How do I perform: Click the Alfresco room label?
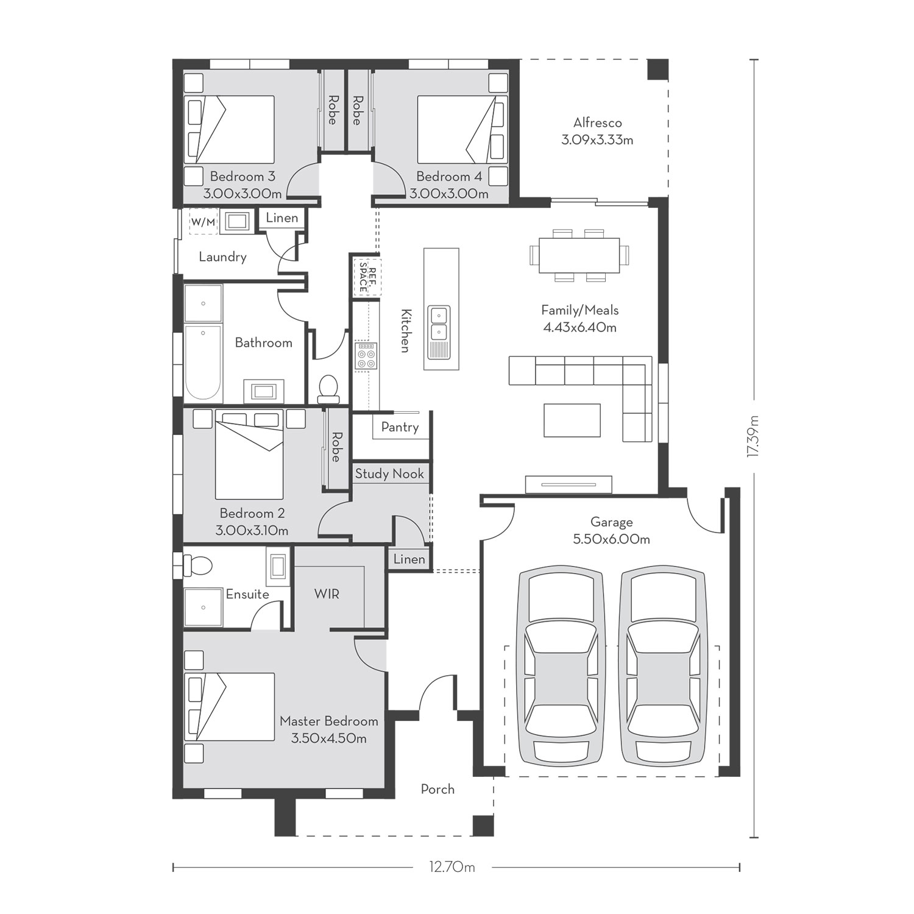597,122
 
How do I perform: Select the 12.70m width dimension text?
452,866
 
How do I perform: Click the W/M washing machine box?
203,222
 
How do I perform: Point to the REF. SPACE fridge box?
367,277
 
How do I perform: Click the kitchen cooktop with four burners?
366,355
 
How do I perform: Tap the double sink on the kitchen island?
439,323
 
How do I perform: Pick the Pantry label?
400,427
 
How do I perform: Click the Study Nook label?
389,473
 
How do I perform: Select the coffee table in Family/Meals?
572,420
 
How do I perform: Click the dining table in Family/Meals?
579,255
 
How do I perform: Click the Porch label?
438,789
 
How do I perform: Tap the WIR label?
327,593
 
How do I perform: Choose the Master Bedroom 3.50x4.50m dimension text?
329,739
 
